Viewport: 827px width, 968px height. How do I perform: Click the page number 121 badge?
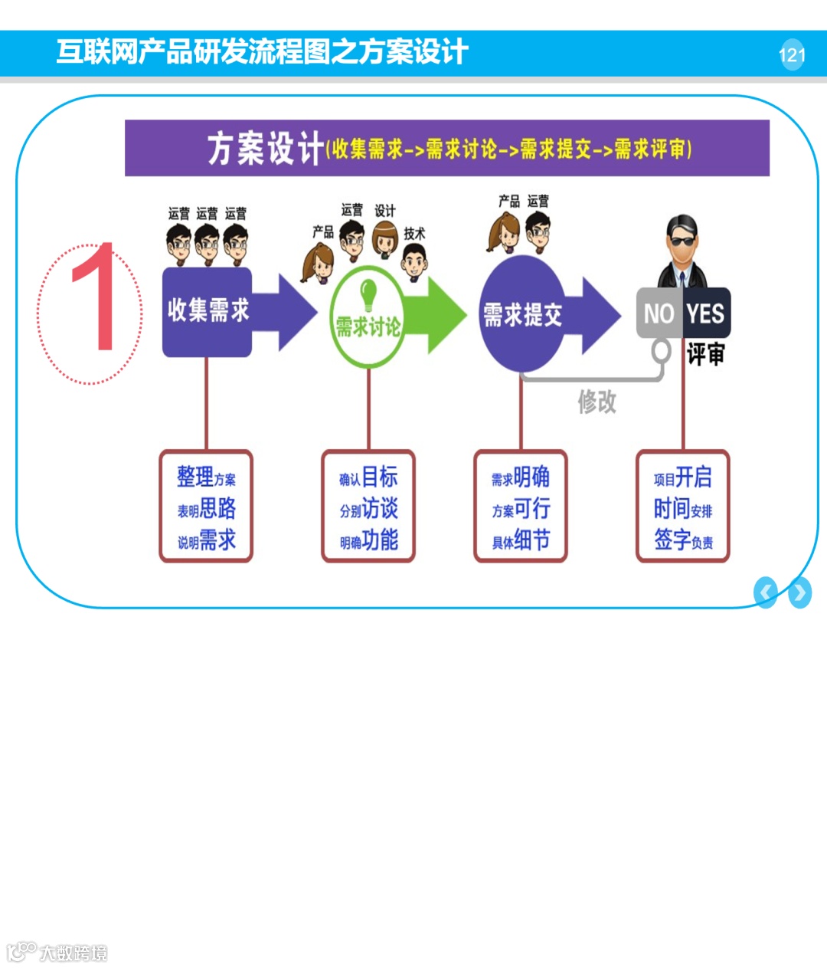point(792,55)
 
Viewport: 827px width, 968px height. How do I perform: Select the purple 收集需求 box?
point(208,311)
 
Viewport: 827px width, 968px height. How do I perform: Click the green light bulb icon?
point(368,294)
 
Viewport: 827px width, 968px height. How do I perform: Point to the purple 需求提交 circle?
point(522,314)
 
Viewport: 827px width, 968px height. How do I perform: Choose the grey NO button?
point(659,313)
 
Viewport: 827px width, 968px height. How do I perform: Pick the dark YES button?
point(706,313)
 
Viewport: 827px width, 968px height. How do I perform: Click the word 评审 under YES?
point(705,354)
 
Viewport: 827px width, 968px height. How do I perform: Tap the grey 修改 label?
point(597,401)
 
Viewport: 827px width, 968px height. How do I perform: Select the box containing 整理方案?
point(206,507)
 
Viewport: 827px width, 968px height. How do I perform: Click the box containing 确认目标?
point(368,507)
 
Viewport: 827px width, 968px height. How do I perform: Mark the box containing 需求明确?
point(521,507)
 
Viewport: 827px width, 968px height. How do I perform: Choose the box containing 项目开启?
point(683,507)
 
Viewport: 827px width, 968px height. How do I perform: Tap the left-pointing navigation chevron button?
point(765,592)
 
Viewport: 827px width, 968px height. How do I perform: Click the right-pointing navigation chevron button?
point(799,592)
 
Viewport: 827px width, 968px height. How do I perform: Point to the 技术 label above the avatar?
point(414,233)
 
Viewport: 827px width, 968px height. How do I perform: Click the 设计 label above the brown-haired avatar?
point(384,210)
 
